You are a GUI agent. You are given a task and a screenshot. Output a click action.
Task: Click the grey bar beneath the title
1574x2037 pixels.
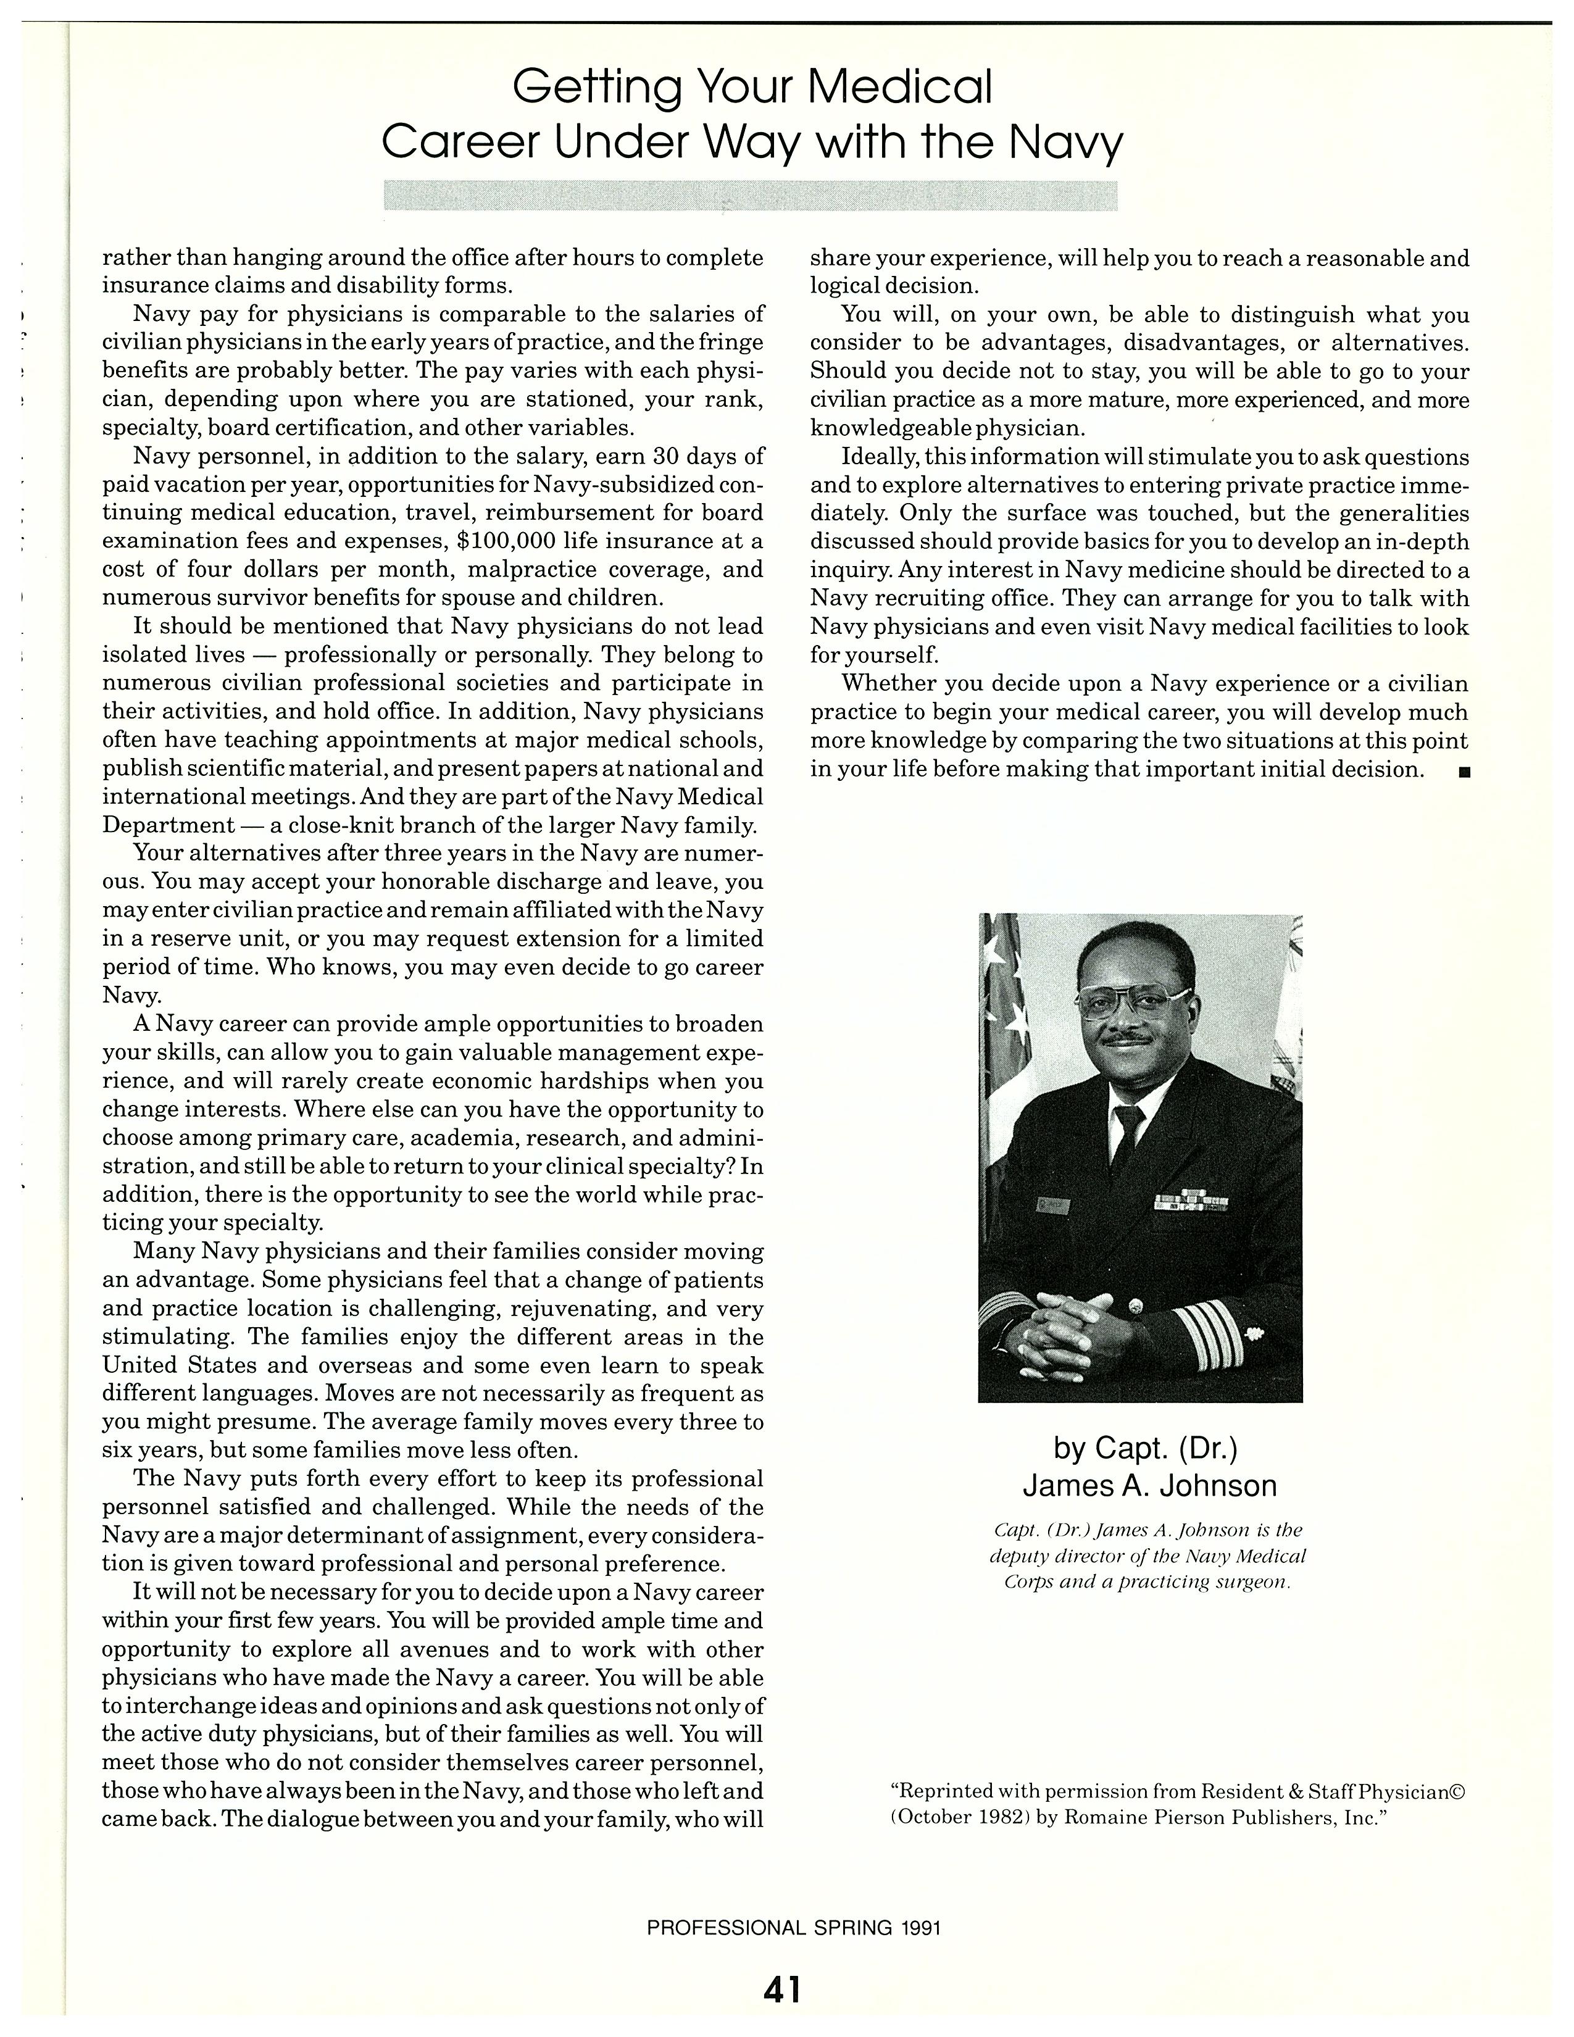point(751,195)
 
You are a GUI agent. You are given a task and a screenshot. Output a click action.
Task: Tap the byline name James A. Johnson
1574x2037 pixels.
point(1149,1486)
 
